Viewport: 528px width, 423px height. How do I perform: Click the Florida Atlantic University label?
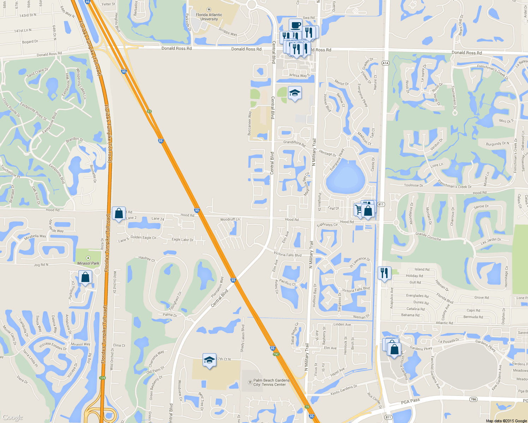[x=209, y=17]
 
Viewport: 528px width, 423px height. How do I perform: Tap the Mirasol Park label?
[x=88, y=263]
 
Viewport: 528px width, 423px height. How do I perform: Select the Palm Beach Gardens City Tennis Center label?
[x=271, y=382]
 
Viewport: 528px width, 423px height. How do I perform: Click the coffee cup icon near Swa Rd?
[x=296, y=25]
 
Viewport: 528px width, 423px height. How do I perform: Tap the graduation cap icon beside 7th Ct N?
[x=209, y=360]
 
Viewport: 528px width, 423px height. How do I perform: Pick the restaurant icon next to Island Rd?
[x=384, y=273]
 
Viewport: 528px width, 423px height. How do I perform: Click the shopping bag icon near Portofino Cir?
[x=85, y=277]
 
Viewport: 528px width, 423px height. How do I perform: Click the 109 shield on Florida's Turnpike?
[x=102, y=378]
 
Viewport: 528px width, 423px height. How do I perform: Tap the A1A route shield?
[x=385, y=63]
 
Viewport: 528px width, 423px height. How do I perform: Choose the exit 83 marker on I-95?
[x=149, y=111]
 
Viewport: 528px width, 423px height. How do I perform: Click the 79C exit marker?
[x=276, y=354]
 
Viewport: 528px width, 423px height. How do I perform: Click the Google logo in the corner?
[x=13, y=417]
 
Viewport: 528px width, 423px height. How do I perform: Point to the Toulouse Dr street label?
[x=413, y=185]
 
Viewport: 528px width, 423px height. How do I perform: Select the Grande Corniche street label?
[x=428, y=236]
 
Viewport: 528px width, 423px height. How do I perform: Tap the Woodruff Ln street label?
[x=230, y=219]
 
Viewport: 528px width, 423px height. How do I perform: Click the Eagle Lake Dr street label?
[x=182, y=240]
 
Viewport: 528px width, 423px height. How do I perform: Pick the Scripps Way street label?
[x=228, y=32]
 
